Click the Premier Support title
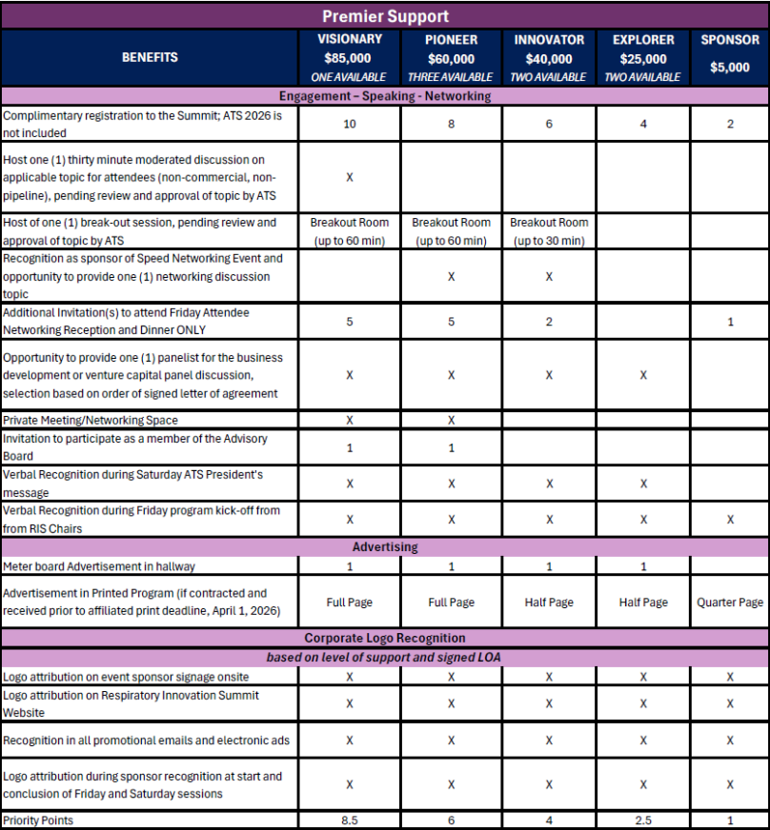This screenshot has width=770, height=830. pos(385,16)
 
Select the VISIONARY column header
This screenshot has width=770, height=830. pos(350,40)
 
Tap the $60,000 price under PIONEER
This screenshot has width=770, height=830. pos(451,59)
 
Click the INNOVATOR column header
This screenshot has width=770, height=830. pos(549,40)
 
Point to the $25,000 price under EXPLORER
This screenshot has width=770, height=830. pos(643,59)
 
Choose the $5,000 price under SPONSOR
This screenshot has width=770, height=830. pos(730,67)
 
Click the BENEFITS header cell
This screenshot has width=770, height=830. pos(150,57)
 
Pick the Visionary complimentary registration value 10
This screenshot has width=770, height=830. pos(350,124)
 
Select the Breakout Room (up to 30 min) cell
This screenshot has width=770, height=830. pos(549,231)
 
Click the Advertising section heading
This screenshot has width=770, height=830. pos(385,547)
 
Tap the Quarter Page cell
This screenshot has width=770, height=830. pos(730,603)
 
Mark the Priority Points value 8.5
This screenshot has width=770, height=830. pos(350,820)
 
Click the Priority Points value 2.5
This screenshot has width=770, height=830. pos(643,820)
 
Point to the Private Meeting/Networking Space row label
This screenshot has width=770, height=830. pos(91,420)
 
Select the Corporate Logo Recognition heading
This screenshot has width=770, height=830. pos(385,638)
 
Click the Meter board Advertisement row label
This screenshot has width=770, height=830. pos(99,566)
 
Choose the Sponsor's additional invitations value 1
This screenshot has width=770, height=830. pos(730,322)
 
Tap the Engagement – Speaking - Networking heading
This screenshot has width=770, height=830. pos(385,96)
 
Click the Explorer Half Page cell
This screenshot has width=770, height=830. pos(643,603)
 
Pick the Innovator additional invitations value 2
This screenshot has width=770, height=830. pos(549,322)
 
